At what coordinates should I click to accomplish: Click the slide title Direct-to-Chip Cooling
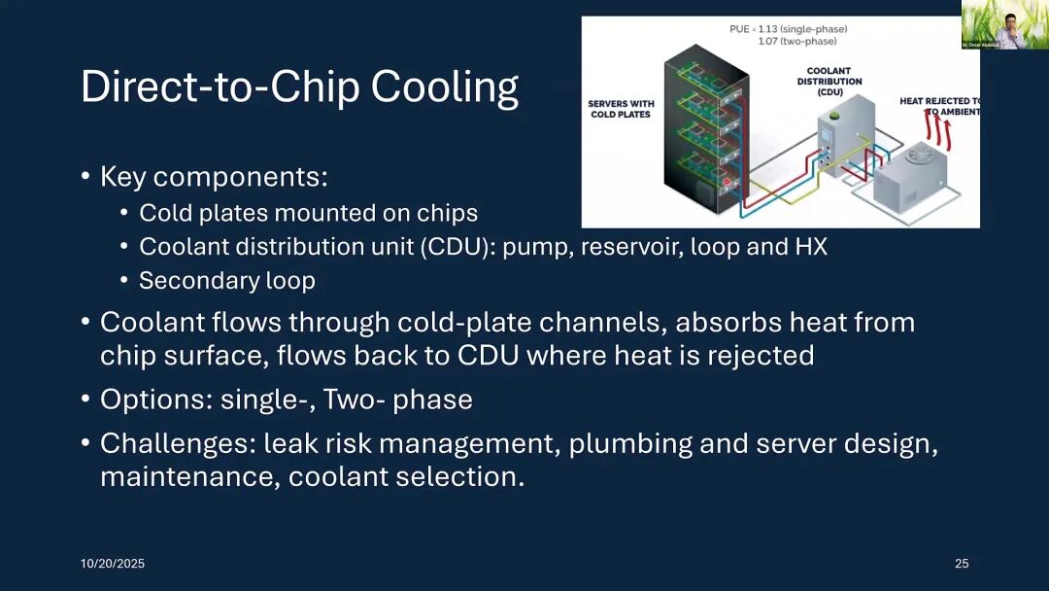pyautogui.click(x=299, y=87)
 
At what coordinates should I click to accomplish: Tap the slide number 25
pyautogui.click(x=962, y=564)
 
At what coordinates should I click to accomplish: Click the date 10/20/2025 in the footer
pyautogui.click(x=112, y=564)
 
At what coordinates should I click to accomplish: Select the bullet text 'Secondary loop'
pyautogui.click(x=227, y=281)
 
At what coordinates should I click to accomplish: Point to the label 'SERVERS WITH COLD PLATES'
pyautogui.click(x=622, y=109)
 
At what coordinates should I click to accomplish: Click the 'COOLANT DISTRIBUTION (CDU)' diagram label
pyautogui.click(x=834, y=81)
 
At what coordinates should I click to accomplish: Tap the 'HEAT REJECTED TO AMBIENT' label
pyautogui.click(x=938, y=106)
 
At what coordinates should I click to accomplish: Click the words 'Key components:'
pyautogui.click(x=214, y=177)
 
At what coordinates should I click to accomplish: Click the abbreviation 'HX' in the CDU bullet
pyautogui.click(x=811, y=247)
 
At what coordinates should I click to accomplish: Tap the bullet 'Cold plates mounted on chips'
pyautogui.click(x=308, y=213)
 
